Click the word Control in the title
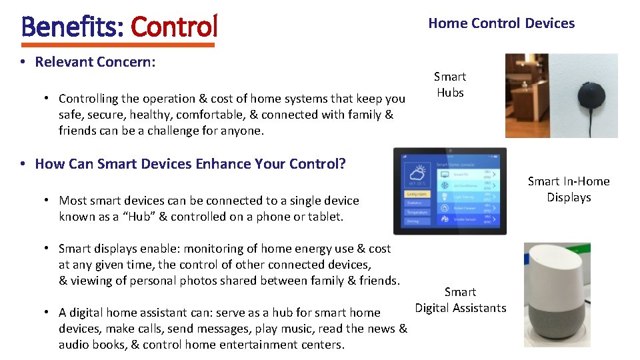(x=174, y=27)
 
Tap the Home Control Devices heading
(x=501, y=23)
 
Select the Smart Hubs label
(x=450, y=85)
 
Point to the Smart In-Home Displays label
(x=569, y=189)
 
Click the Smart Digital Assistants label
(x=460, y=300)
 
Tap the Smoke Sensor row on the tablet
(x=462, y=218)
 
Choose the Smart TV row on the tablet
(x=462, y=174)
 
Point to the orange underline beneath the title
(x=118, y=45)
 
